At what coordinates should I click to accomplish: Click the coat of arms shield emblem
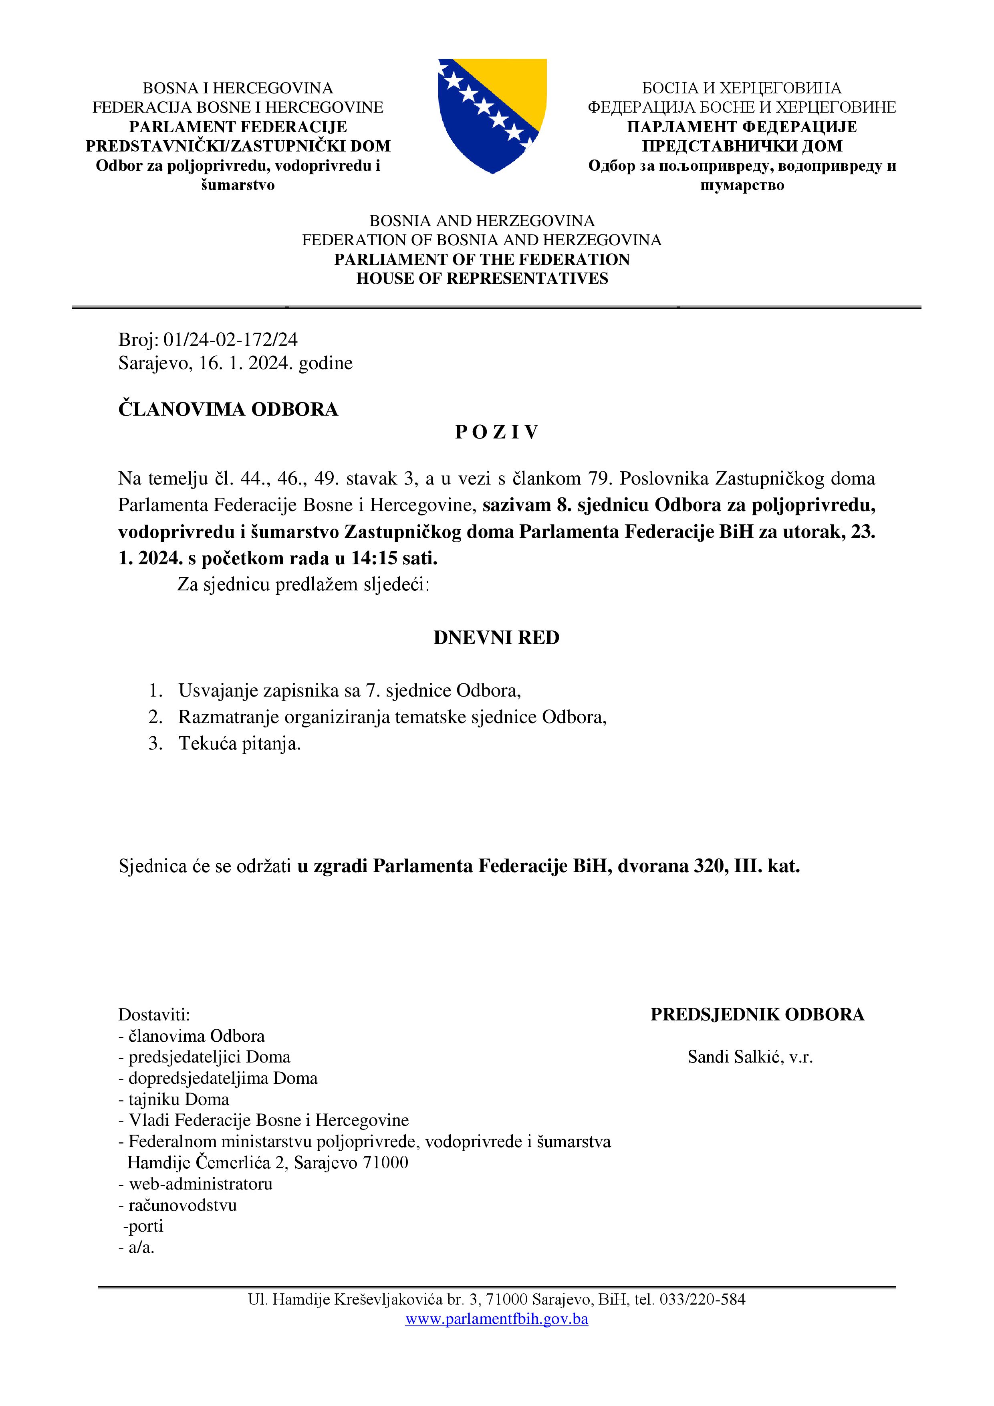click(492, 116)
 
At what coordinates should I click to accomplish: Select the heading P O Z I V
click(496, 432)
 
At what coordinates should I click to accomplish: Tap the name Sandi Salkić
click(734, 1057)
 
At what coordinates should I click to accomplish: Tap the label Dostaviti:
click(154, 1015)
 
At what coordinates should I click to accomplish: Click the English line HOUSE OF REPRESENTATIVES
click(482, 279)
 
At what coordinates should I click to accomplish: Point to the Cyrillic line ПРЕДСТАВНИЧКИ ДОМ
click(742, 146)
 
